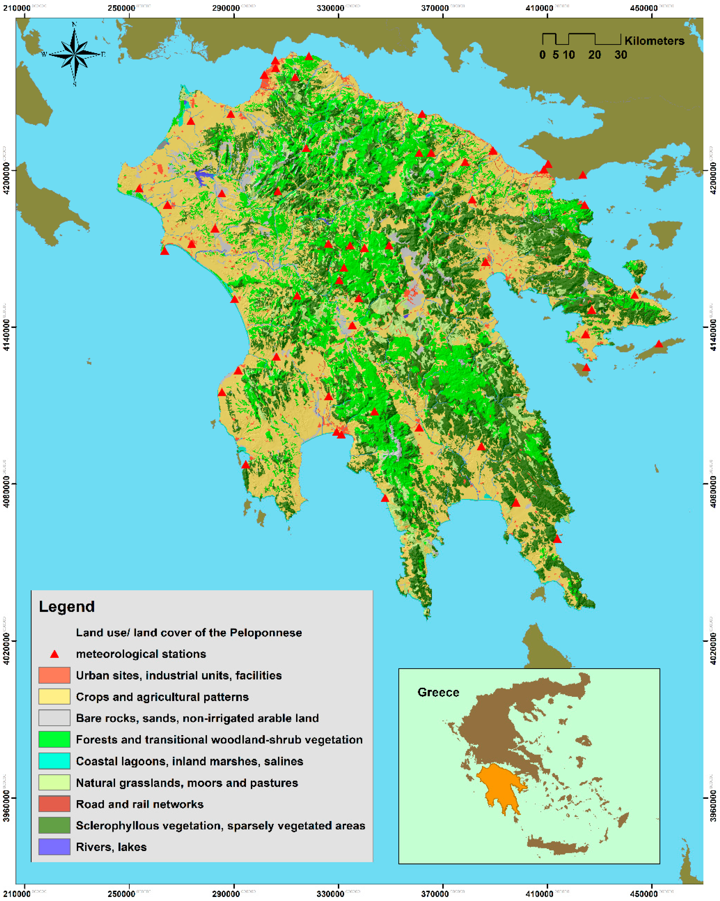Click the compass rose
click(x=74, y=54)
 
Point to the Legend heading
click(x=67, y=606)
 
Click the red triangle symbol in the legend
click(x=54, y=654)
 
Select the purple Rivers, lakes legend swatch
click(x=54, y=847)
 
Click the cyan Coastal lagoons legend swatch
click(x=54, y=761)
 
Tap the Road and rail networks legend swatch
click(x=54, y=804)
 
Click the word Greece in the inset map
click(x=438, y=692)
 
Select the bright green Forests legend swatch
click(x=54, y=740)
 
